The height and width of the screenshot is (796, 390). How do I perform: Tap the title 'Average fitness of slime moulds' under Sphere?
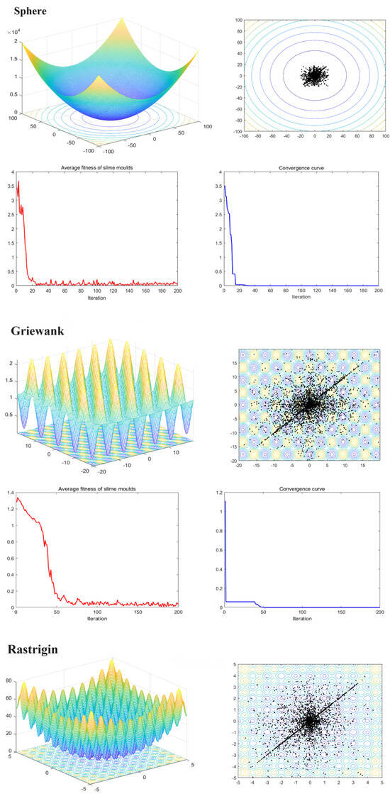(96, 168)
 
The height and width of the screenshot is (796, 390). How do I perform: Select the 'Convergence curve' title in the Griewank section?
(302, 486)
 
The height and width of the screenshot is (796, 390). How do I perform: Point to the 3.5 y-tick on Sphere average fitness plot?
(9, 186)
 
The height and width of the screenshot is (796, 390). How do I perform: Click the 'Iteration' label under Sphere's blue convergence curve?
(302, 297)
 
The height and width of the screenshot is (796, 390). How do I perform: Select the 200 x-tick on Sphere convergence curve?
(379, 291)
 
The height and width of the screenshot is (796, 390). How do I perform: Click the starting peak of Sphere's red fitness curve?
(18, 183)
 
